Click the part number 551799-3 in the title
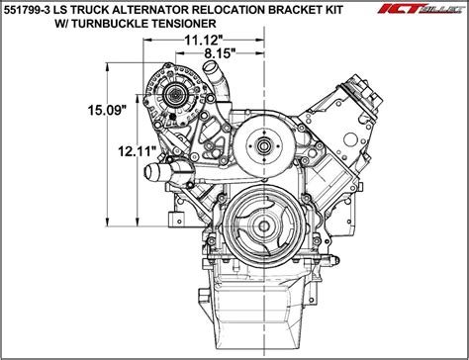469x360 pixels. click(29, 10)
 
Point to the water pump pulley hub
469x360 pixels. click(264, 148)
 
